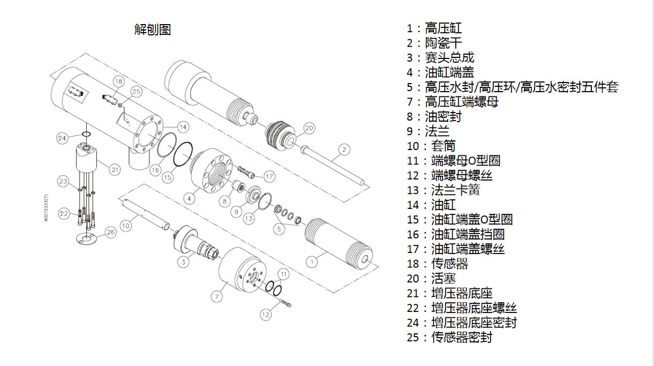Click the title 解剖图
pos(152,30)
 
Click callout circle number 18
pos(118,81)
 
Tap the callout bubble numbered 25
pos(136,92)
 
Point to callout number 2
pos(344,149)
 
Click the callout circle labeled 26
pos(110,233)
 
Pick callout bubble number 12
pos(266,315)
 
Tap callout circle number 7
pos(217,296)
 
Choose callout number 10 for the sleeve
pos(125,226)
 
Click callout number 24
pos(62,138)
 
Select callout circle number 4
pos(187,198)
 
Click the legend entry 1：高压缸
pos(434,28)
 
